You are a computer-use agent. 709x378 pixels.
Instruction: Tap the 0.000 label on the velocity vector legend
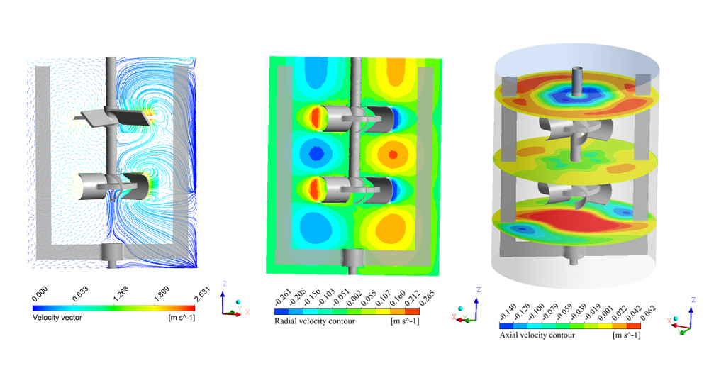coord(40,295)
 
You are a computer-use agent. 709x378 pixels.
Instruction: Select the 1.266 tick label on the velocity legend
coord(121,295)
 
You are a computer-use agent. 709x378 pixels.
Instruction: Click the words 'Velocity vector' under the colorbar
coord(57,318)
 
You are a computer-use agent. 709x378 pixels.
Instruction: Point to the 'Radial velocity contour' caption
coord(315,321)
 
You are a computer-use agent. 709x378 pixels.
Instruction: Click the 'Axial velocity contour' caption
coord(537,335)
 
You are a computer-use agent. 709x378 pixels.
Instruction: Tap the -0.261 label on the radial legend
coord(283,298)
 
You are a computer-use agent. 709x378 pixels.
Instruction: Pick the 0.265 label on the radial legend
coord(426,298)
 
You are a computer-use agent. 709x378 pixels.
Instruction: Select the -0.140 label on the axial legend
coord(508,312)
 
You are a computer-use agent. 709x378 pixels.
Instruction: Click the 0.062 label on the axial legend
coord(647,312)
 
